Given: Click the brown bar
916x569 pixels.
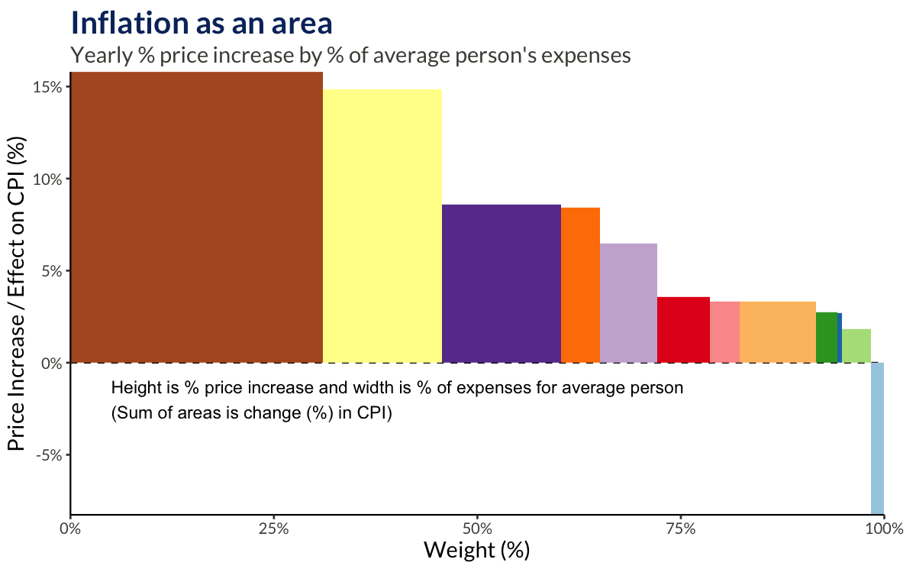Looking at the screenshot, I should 196,218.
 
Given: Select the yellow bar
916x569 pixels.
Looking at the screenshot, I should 382,226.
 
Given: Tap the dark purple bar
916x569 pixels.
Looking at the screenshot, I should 502,283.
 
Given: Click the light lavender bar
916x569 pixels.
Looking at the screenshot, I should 628,303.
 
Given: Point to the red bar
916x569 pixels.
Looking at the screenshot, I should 683,330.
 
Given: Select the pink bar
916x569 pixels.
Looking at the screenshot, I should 724,332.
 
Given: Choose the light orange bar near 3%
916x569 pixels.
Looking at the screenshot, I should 777,332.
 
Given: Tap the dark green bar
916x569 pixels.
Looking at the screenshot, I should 826,338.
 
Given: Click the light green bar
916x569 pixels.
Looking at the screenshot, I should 856,346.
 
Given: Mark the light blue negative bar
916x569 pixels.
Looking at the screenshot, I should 877,438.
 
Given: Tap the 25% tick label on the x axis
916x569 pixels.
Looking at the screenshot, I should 273,529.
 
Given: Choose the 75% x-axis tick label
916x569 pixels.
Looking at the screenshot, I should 680,529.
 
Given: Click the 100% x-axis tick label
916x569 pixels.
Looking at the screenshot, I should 882,529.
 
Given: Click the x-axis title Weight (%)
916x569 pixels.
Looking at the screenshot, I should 476,550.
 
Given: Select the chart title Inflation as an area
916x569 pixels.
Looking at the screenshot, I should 202,23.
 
